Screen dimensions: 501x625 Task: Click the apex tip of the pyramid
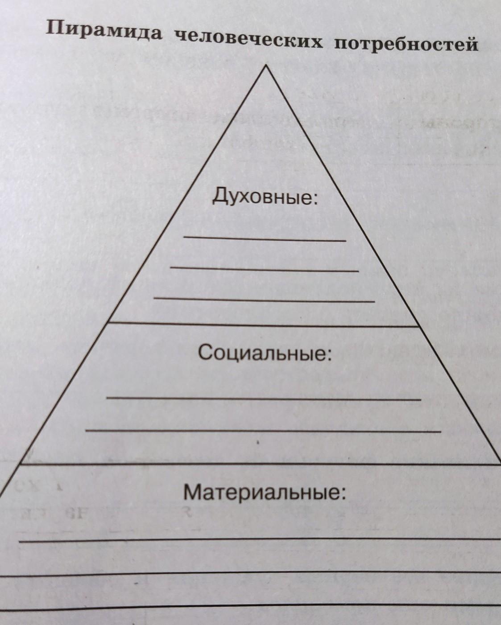pyautogui.click(x=266, y=66)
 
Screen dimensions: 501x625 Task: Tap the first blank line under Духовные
pyautogui.click(x=265, y=239)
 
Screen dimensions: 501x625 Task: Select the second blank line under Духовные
pyautogui.click(x=265, y=269)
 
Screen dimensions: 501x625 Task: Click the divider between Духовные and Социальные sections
pyautogui.click(x=265, y=325)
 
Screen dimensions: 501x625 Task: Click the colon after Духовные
pyautogui.click(x=317, y=199)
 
